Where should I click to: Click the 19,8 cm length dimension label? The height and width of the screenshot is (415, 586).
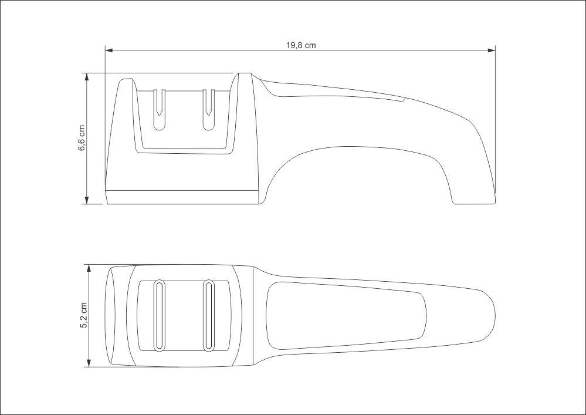pyautogui.click(x=301, y=46)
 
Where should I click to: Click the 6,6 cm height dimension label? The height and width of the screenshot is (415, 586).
pyautogui.click(x=82, y=138)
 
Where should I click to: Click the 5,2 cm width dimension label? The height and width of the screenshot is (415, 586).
pyautogui.click(x=84, y=315)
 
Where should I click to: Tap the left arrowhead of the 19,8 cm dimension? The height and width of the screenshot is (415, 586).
pyautogui.click(x=109, y=50)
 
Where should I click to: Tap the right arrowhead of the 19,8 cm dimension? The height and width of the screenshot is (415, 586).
pyautogui.click(x=492, y=50)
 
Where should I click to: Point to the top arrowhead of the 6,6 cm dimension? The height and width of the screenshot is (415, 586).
pyautogui.click(x=87, y=77)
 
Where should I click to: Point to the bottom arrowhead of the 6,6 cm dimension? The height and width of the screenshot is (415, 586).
pyautogui.click(x=87, y=200)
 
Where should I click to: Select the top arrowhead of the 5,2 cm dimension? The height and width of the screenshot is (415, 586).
pyautogui.click(x=89, y=268)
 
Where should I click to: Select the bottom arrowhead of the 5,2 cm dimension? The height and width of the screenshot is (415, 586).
pyautogui.click(x=89, y=363)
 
